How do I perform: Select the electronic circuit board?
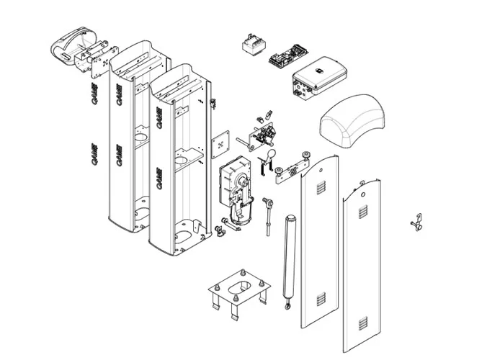pos(286,57)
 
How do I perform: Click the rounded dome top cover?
pos(352,122)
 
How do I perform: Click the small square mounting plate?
pos(220,144)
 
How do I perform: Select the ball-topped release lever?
pos(270,160)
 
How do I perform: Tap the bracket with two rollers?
pos(293,168)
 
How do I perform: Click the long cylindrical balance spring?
pos(290,256)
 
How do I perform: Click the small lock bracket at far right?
pos(416,222)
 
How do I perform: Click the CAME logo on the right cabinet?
pos(159,177)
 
